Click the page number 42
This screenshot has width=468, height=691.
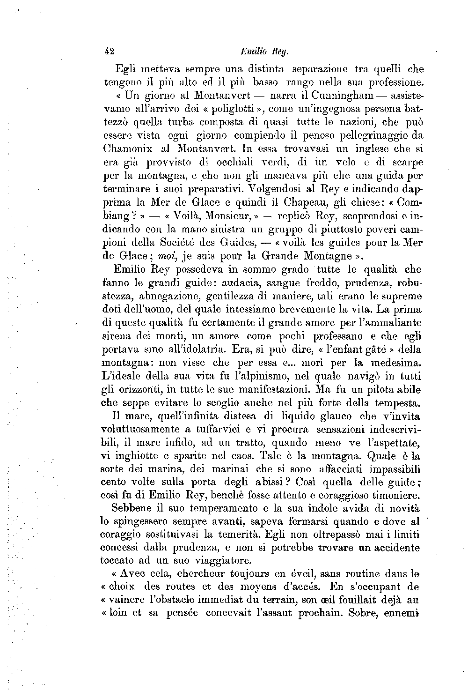(110, 51)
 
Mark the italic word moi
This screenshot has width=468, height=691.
(167, 256)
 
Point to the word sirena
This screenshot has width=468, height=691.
(116, 336)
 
